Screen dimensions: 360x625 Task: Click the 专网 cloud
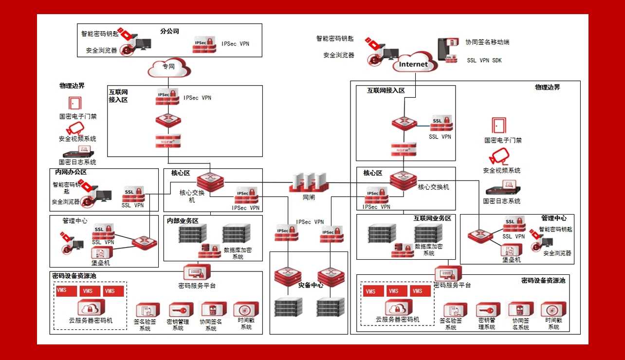click(x=168, y=68)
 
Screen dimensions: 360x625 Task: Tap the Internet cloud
click(x=413, y=63)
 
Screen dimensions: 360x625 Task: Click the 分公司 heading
click(x=169, y=31)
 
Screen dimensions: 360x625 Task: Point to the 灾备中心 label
click(x=311, y=286)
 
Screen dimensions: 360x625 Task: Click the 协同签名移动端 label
click(x=487, y=42)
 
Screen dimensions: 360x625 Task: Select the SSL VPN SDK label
click(x=484, y=61)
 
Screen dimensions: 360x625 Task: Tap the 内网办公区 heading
click(x=71, y=172)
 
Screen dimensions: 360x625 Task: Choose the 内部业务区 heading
click(x=183, y=220)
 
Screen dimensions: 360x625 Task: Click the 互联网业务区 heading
click(x=432, y=218)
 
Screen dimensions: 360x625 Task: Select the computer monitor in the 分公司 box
click(x=143, y=44)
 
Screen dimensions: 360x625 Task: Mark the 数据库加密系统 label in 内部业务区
click(x=238, y=253)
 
